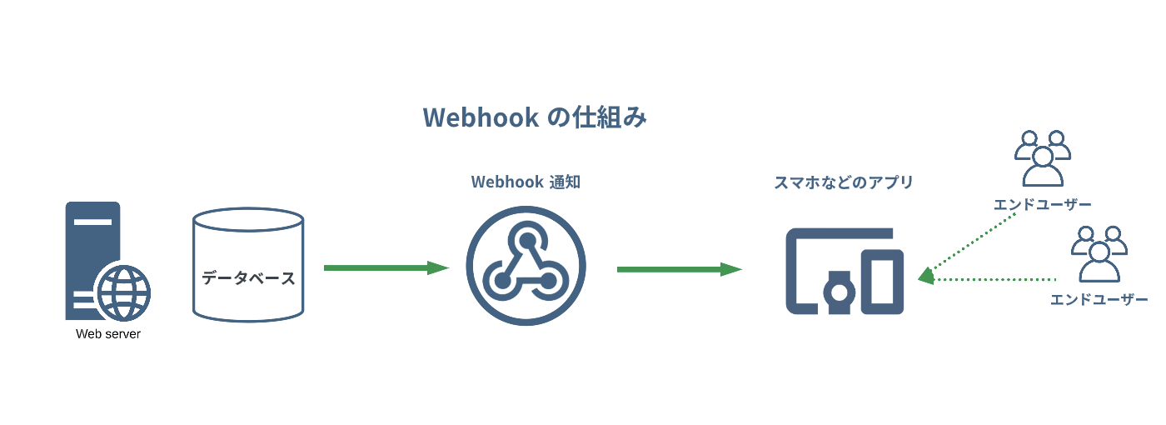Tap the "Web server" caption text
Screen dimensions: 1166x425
(x=108, y=335)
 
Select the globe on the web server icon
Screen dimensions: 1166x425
(x=123, y=293)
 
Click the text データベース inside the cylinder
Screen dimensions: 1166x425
(x=248, y=277)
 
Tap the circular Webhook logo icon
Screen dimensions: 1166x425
(x=526, y=266)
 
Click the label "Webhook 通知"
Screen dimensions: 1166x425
(x=526, y=182)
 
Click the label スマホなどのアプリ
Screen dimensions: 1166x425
(x=844, y=182)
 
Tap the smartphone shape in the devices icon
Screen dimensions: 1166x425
(x=882, y=282)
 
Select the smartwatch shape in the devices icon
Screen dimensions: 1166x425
(x=839, y=292)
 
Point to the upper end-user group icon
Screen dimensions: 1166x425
(x=1042, y=158)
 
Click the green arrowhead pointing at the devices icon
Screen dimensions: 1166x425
(x=926, y=276)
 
